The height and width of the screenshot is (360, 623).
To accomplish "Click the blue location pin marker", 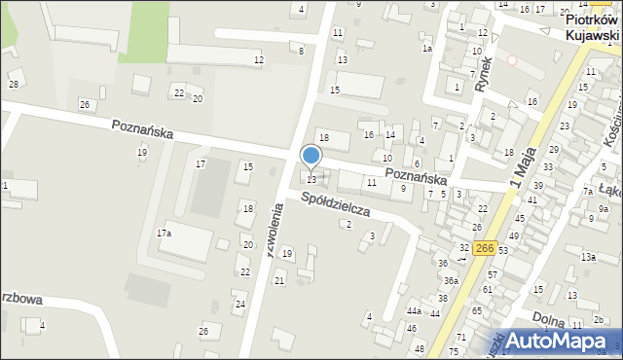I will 311,156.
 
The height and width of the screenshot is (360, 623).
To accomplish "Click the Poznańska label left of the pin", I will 142,128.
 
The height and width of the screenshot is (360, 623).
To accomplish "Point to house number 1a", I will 426,48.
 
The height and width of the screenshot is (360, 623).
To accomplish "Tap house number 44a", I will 414,311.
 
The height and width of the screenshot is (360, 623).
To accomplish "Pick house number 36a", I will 451,280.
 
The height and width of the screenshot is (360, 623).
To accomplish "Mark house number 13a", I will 588,257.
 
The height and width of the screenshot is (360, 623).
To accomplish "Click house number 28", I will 14,85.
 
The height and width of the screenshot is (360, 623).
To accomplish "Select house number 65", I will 477,310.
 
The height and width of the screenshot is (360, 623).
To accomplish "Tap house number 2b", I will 600,320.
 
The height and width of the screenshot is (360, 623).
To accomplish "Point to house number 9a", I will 603,209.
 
